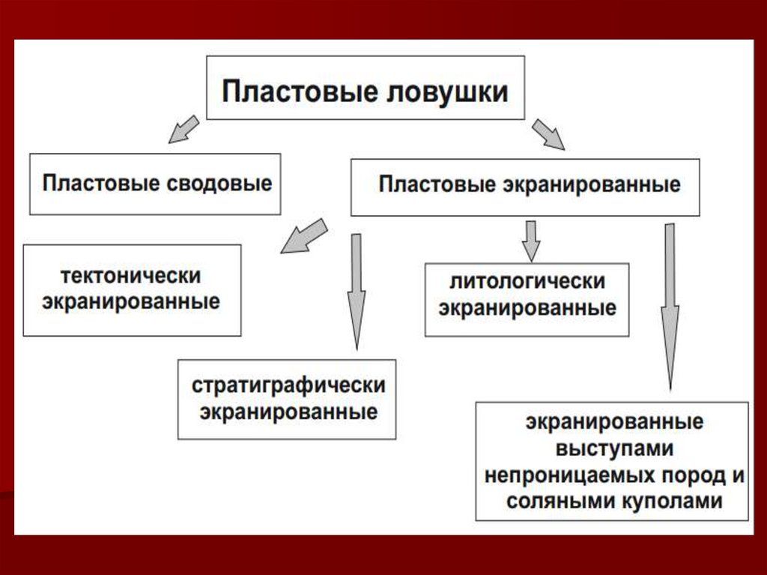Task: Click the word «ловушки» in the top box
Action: pos(446,92)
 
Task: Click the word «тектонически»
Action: pos(131,276)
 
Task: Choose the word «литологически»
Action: pos(527,283)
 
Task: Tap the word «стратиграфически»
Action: pos(288,386)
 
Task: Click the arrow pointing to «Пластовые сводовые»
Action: pos(182,129)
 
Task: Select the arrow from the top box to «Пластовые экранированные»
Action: pos(548,134)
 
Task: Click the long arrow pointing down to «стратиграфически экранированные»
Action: pos(357,289)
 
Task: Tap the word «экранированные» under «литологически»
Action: pos(527,308)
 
